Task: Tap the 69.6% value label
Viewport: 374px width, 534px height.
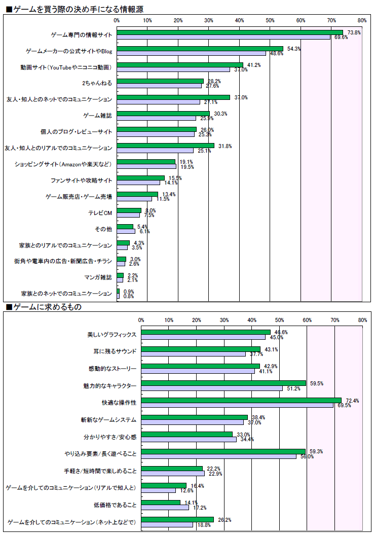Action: [x=341, y=37]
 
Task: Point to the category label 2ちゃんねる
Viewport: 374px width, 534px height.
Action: [x=97, y=83]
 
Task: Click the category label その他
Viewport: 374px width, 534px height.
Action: [x=103, y=229]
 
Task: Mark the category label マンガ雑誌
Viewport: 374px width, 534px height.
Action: [x=98, y=277]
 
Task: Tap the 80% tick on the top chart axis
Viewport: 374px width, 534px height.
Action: [x=362, y=20]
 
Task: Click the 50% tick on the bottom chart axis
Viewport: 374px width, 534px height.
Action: [x=279, y=320]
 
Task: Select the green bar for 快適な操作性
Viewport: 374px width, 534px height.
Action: [x=241, y=401]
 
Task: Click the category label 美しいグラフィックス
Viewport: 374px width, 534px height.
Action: [x=111, y=335]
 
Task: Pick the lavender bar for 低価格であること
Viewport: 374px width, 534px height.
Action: [x=165, y=507]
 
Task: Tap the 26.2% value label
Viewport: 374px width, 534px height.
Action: [x=222, y=520]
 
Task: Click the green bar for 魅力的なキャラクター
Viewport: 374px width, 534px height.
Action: [x=223, y=383]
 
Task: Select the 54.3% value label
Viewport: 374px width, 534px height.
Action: [x=294, y=49]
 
